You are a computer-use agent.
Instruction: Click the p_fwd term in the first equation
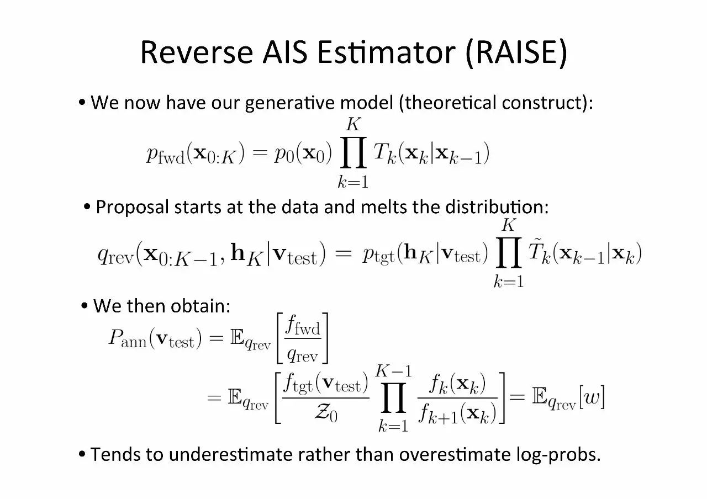point(166,155)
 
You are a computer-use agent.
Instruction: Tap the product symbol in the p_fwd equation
point(353,155)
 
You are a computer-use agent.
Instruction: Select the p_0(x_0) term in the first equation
point(303,155)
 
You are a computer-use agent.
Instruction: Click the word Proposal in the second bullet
point(132,207)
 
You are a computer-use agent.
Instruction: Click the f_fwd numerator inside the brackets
point(302,327)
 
